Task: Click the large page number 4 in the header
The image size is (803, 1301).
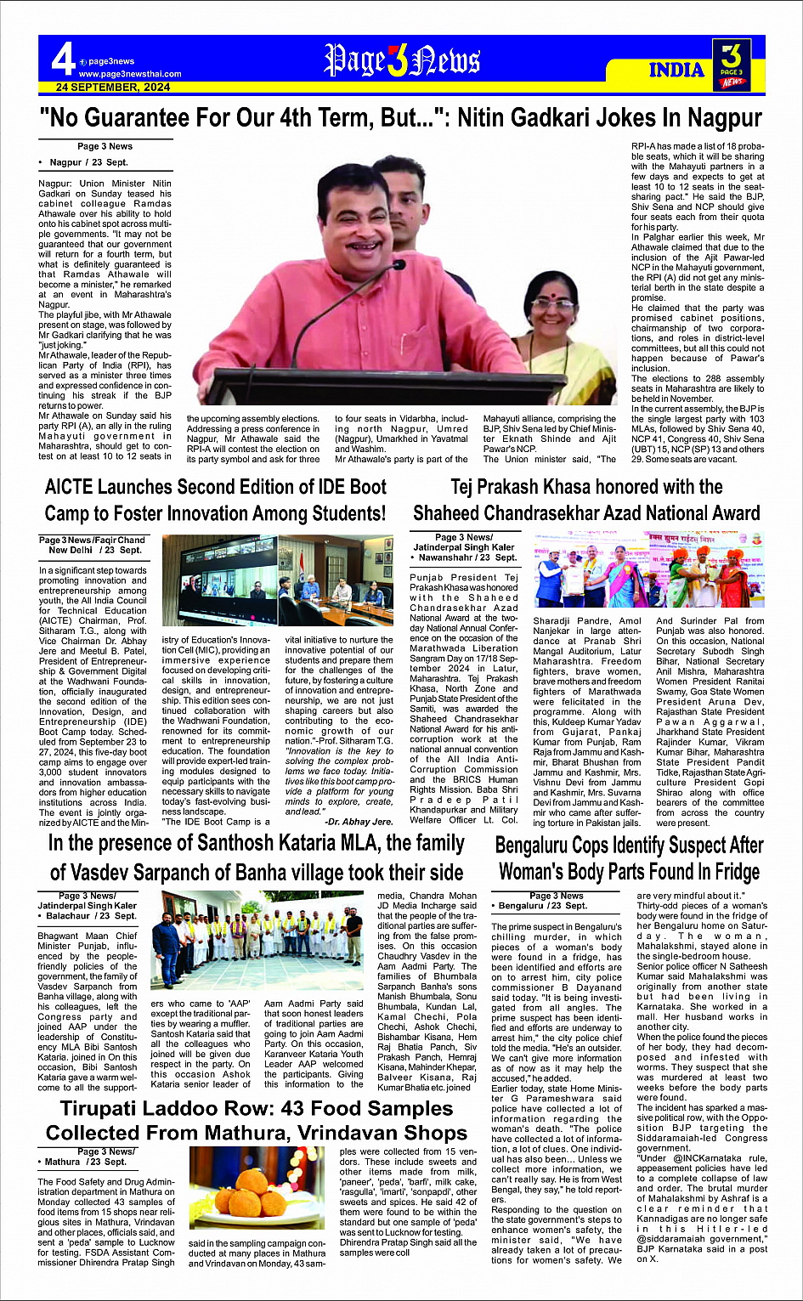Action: coord(63,59)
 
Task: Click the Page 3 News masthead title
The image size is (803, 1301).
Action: coord(402,61)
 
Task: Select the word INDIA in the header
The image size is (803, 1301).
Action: coord(676,70)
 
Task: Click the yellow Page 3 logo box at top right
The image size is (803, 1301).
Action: coord(731,65)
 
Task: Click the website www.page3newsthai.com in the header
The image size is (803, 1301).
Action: coord(130,74)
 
